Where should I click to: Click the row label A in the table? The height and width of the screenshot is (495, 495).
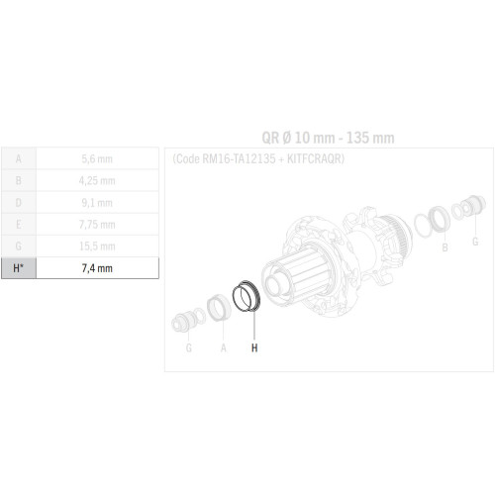point(18,158)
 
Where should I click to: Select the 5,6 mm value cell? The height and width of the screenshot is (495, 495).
point(97,158)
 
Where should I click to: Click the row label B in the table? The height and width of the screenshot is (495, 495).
point(18,180)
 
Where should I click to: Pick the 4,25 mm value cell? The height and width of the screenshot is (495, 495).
point(97,180)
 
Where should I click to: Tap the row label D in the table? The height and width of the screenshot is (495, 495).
point(18,202)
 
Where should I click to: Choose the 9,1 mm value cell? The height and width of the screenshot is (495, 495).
point(97,202)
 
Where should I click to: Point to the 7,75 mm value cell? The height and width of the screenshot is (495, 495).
point(97,224)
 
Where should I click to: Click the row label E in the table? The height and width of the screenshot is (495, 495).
point(18,224)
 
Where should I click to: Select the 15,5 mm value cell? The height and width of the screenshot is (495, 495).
point(97,246)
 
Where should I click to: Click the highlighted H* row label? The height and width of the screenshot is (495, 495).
point(18,267)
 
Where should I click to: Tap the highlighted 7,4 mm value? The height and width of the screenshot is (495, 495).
point(97,267)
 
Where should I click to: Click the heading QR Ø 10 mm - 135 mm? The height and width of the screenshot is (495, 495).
point(315,138)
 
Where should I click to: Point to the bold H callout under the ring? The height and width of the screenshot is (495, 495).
point(254,347)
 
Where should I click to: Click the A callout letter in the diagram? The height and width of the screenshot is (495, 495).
point(223,347)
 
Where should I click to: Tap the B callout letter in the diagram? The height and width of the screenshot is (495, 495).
point(445,247)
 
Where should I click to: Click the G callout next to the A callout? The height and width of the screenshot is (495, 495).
point(189,347)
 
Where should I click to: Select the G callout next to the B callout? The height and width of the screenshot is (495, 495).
point(474,241)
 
